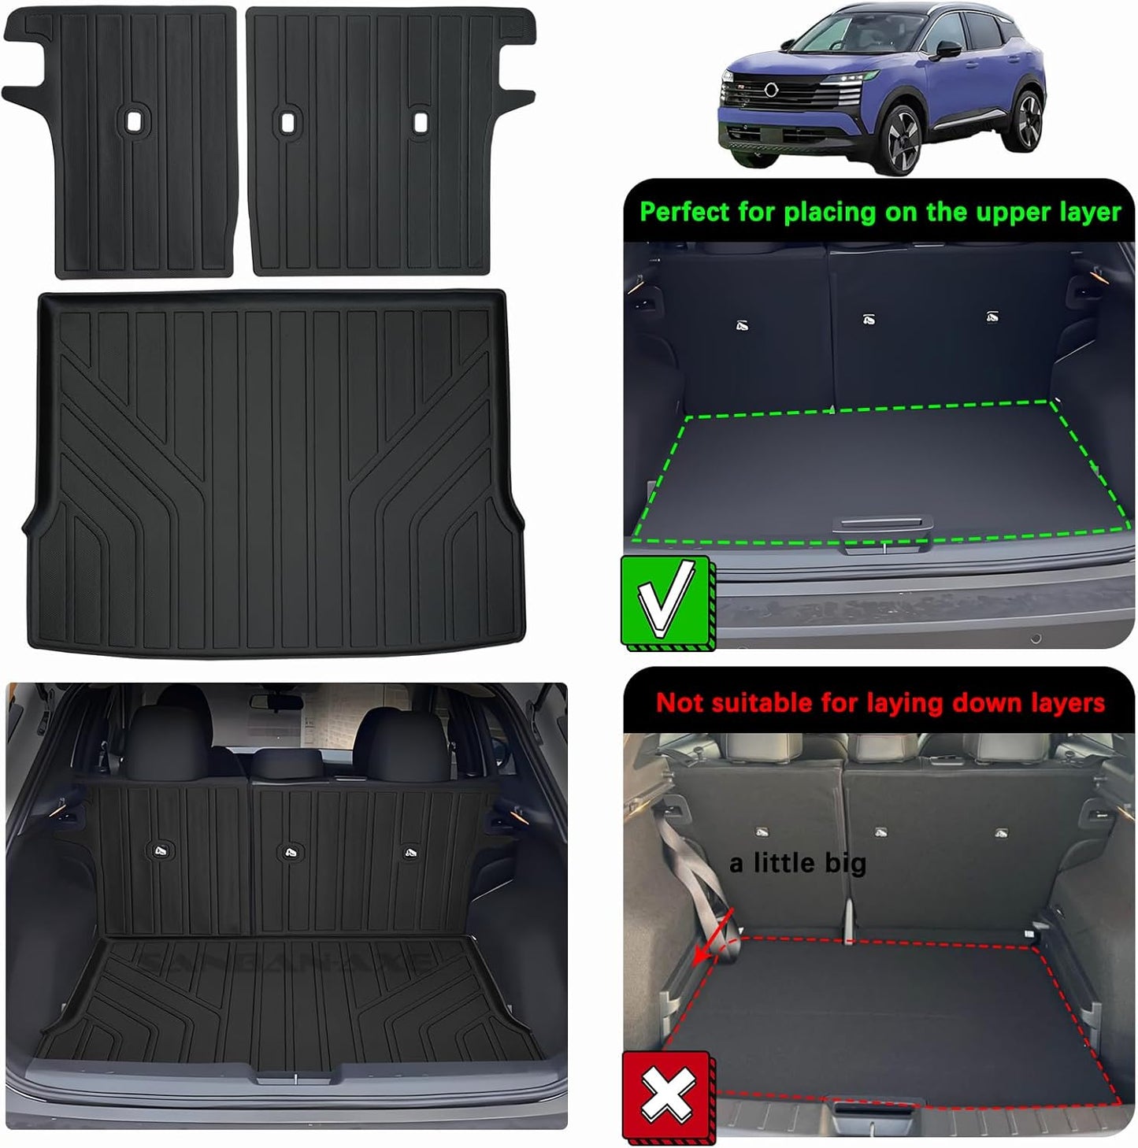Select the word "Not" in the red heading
click(x=680, y=702)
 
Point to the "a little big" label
click(x=797, y=864)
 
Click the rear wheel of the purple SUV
click(x=1028, y=118)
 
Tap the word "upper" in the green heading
click(x=969, y=212)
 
